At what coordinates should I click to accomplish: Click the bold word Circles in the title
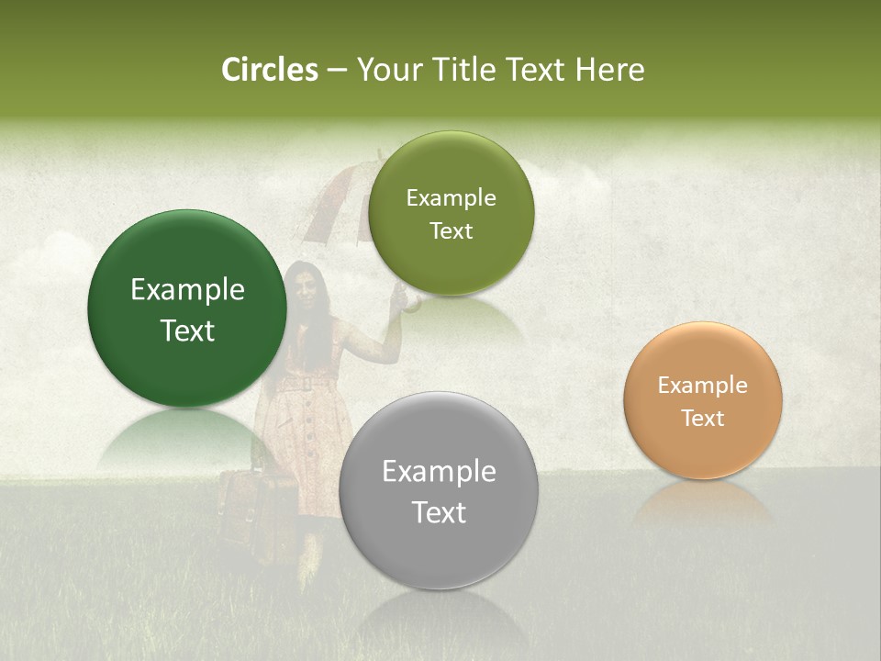click(x=269, y=70)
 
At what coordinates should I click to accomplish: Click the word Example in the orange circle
click(x=703, y=386)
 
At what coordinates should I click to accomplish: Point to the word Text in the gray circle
click(x=439, y=512)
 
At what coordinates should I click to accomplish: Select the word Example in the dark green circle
click(x=187, y=290)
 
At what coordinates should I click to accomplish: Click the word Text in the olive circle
click(x=451, y=231)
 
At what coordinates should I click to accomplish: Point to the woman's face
click(x=307, y=287)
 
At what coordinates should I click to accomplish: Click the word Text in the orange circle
click(x=703, y=419)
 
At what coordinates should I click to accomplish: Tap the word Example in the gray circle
click(x=439, y=472)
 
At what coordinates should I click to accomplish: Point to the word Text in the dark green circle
click(x=187, y=330)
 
